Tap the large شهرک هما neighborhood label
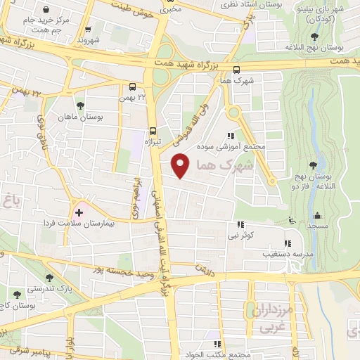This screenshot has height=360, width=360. pyautogui.click(x=225, y=166)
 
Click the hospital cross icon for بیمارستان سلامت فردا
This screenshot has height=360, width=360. pyautogui.click(x=79, y=212)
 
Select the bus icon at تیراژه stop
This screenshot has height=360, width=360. pyautogui.click(x=153, y=130)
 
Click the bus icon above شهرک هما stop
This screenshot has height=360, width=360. pyautogui.click(x=236, y=70)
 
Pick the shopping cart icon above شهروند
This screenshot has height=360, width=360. pyautogui.click(x=88, y=30)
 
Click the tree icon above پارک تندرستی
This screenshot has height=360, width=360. pyautogui.click(x=15, y=294)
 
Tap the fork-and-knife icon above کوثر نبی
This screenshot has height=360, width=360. pyautogui.click(x=240, y=224)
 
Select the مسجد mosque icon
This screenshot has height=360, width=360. pyautogui.click(x=317, y=217)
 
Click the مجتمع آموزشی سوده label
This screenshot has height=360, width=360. pyautogui.click(x=239, y=146)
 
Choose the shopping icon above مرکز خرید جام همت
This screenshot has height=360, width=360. pyautogui.click(x=46, y=11)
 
